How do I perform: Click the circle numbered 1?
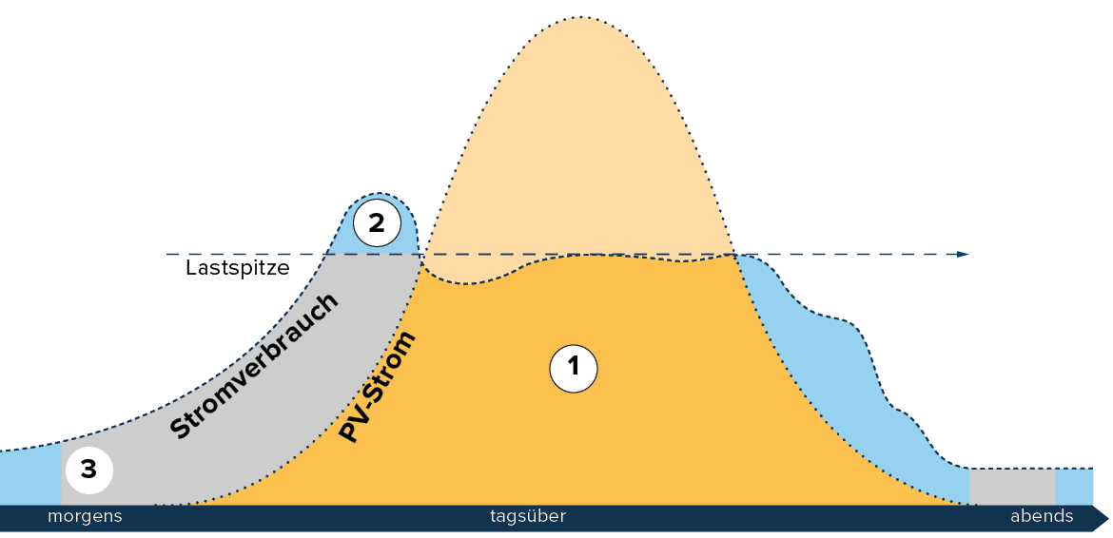coord(573,368)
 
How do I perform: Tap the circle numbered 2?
coord(377,223)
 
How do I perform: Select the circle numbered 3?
coord(88,470)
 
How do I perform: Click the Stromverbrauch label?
coord(254,367)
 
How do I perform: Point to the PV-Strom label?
coord(378,387)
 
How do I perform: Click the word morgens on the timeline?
coord(85,517)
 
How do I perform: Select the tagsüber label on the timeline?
coord(528,517)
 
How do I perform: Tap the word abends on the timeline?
coord(1042,517)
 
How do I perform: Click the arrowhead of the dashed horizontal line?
coord(964,254)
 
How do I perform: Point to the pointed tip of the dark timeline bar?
coord(1106,519)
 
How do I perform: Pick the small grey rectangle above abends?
coord(1012,487)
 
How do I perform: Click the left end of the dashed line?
coord(168,254)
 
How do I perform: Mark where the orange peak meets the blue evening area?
coord(735,254)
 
